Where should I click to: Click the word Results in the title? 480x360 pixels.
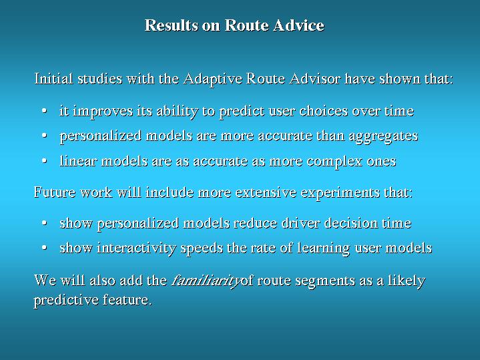(x=171, y=25)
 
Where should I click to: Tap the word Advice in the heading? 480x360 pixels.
(x=299, y=25)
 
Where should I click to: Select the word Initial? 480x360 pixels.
(x=53, y=78)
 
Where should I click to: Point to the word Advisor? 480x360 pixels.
(x=314, y=78)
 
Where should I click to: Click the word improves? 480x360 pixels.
(x=103, y=112)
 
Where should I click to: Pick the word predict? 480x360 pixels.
(x=242, y=112)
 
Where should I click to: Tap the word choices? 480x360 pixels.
(x=324, y=111)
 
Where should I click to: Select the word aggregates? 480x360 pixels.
(x=384, y=136)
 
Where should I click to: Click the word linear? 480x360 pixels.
(x=78, y=161)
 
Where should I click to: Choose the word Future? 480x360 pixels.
(x=55, y=192)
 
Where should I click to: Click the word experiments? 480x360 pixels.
(x=340, y=193)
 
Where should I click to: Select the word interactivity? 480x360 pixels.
(x=136, y=248)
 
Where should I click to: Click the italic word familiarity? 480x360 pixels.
(x=206, y=281)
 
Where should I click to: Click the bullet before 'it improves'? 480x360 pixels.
(x=45, y=111)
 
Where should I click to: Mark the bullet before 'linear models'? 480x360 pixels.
(x=45, y=161)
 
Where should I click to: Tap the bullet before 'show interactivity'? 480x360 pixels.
(x=45, y=248)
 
